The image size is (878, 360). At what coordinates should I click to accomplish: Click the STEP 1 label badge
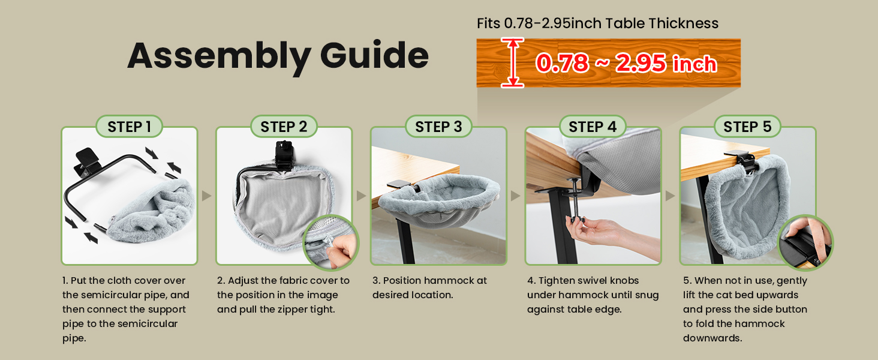(x=129, y=127)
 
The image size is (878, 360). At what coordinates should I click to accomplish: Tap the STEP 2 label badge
(x=284, y=127)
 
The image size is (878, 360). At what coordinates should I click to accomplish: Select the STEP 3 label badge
(x=438, y=127)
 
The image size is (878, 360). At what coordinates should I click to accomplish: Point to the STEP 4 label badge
(x=593, y=127)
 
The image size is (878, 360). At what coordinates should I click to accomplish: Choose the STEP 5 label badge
(x=747, y=127)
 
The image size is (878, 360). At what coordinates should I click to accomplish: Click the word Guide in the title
(x=374, y=56)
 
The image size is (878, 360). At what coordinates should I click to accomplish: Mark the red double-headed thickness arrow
(x=512, y=63)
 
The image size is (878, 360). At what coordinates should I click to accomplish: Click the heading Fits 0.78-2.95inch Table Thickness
(x=597, y=23)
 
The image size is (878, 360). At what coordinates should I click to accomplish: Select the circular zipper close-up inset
(x=330, y=242)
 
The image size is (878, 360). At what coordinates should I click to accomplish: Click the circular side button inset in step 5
(x=805, y=242)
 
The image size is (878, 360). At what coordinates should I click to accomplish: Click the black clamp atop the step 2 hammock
(x=284, y=154)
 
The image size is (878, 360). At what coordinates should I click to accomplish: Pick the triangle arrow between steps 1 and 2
(x=206, y=196)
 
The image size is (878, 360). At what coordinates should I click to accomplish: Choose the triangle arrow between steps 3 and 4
(x=516, y=196)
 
